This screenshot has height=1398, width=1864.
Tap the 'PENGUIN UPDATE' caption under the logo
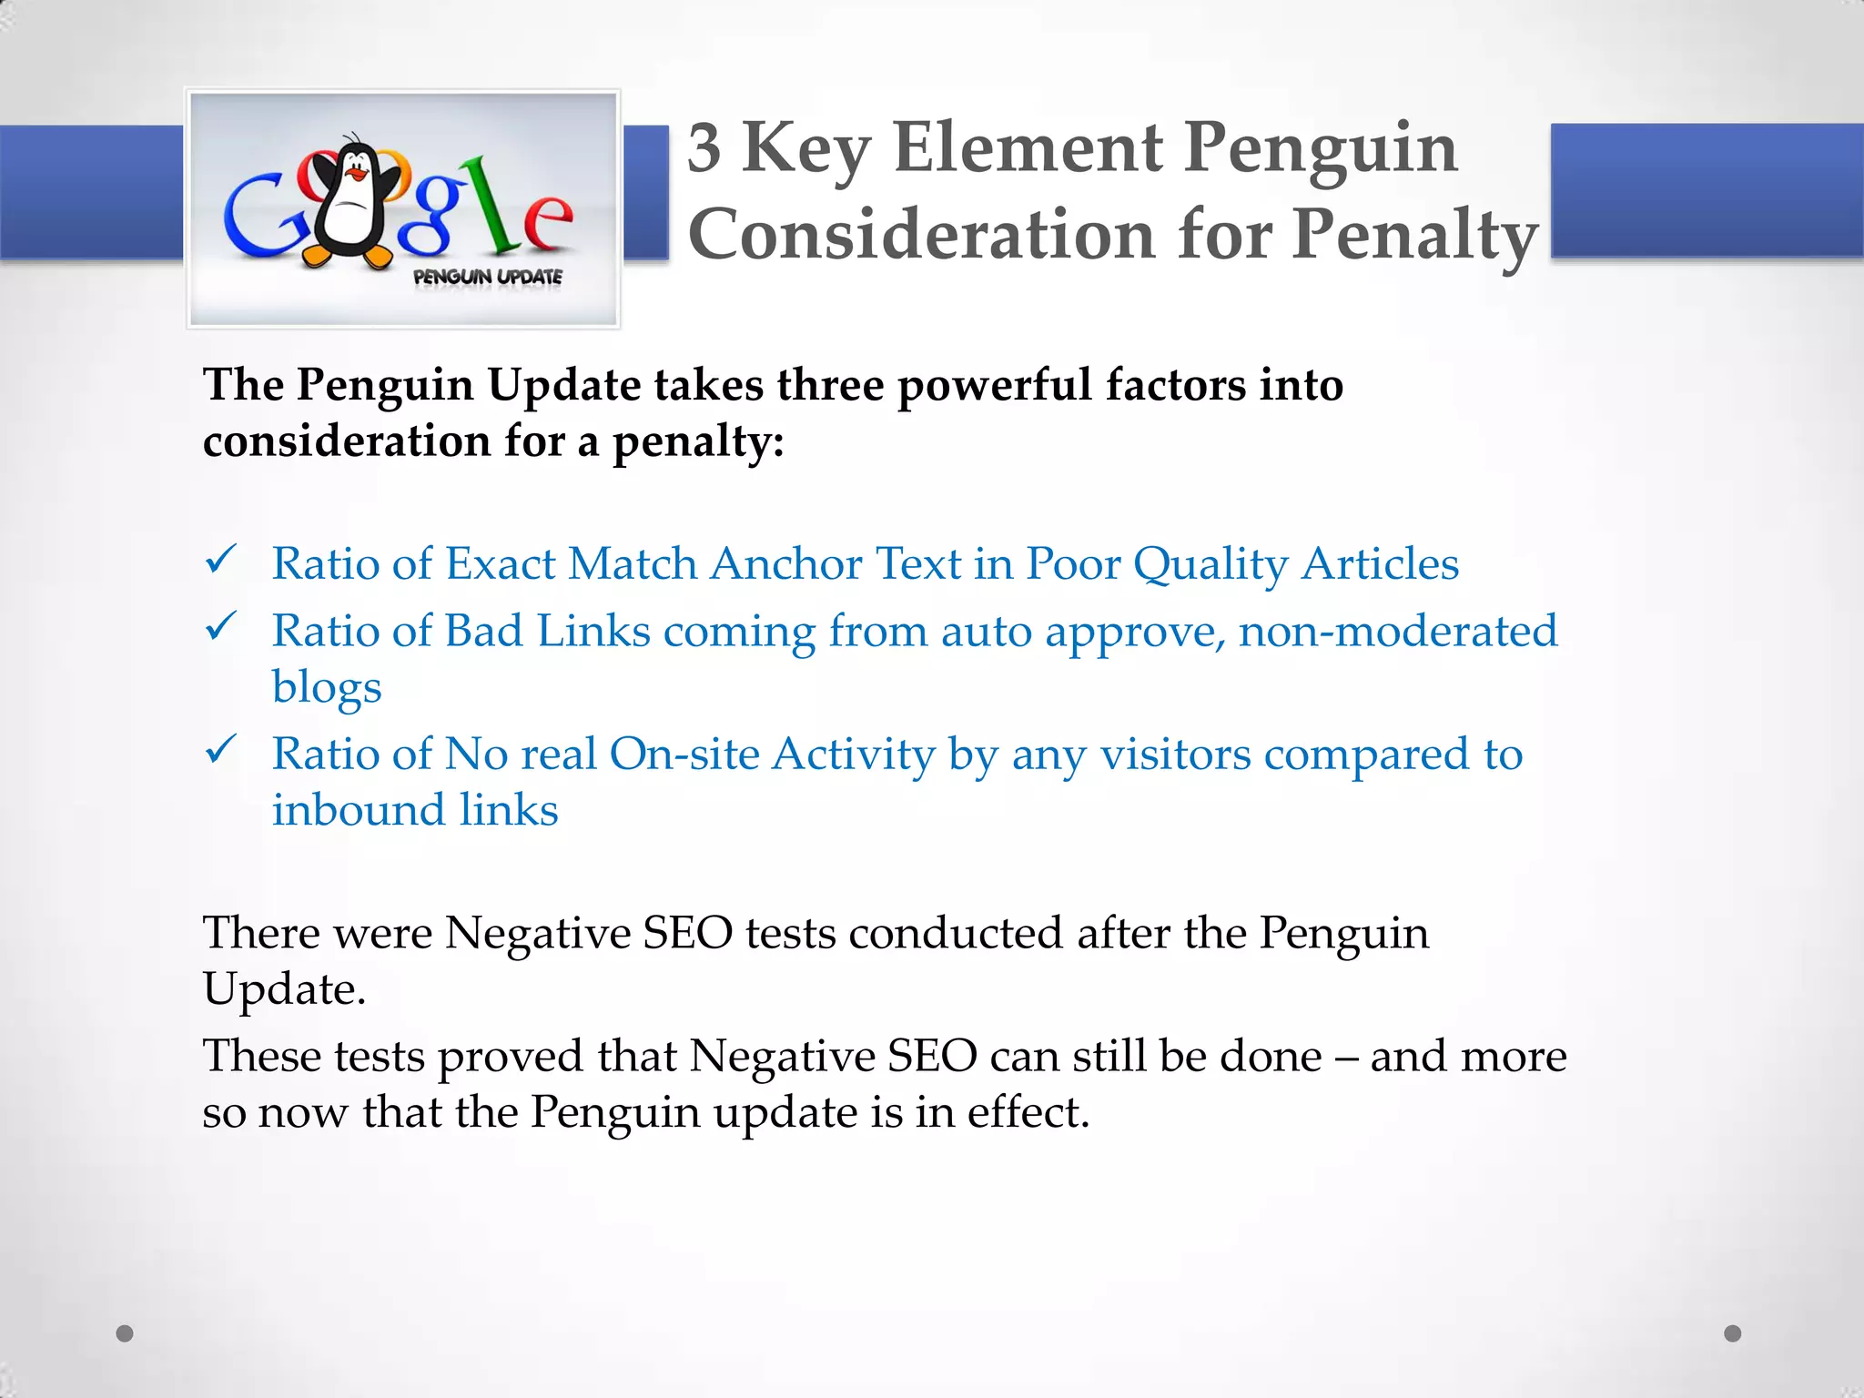[488, 277]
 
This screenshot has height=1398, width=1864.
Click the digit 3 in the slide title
[704, 147]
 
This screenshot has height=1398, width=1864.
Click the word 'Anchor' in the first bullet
[786, 563]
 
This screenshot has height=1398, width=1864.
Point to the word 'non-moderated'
[1398, 631]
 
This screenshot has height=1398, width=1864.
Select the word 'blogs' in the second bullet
[327, 688]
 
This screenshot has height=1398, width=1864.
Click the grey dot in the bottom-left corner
[126, 1333]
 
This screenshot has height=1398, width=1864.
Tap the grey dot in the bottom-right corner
[1733, 1333]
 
